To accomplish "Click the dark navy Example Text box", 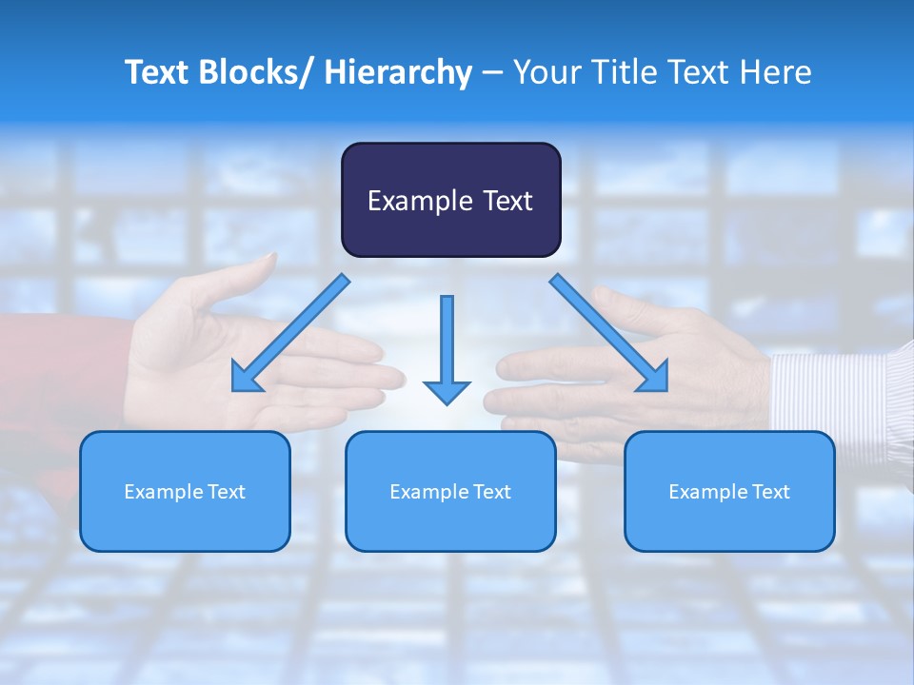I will [450, 200].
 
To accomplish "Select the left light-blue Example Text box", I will [185, 491].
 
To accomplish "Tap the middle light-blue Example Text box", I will [450, 491].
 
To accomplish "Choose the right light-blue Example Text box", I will [729, 491].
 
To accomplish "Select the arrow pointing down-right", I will [609, 333].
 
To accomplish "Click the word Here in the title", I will [777, 72].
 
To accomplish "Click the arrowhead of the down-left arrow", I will [246, 379].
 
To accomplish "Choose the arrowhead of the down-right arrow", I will [654, 378].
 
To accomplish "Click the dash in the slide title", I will [493, 72].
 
